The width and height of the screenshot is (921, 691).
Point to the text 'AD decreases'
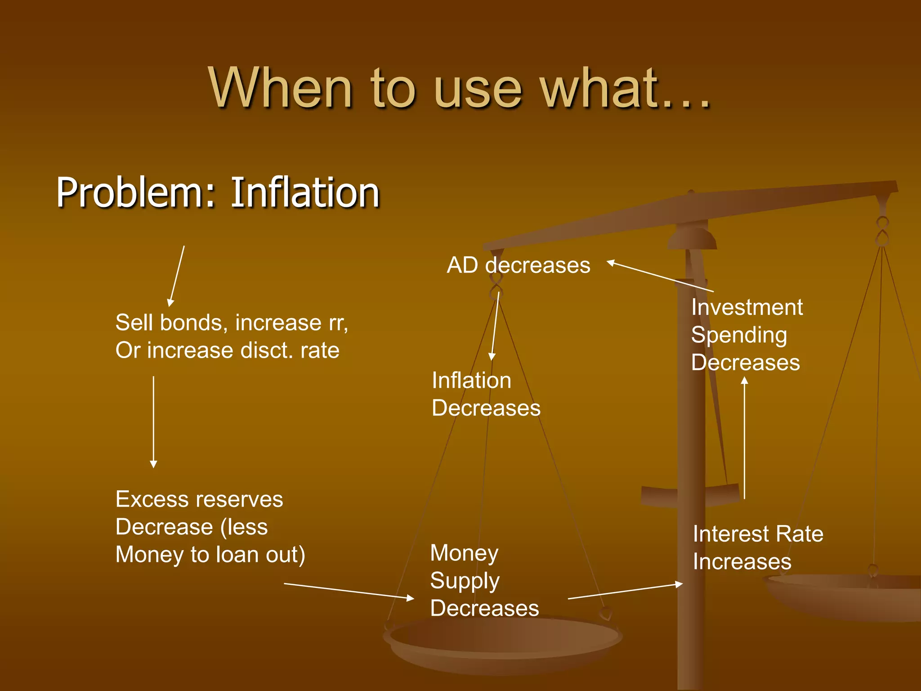point(518,265)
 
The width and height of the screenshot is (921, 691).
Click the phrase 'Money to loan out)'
point(210,555)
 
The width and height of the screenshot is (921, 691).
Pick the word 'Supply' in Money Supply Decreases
point(465,580)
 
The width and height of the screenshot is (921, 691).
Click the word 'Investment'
point(747,307)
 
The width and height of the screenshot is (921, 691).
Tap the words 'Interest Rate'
point(758,534)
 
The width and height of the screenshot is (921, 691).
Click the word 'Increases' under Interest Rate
point(742,562)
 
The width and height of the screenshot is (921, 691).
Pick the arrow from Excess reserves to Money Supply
point(349,591)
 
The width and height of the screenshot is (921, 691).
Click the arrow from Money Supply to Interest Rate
point(625,592)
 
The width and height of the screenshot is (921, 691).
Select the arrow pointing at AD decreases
point(660,276)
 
